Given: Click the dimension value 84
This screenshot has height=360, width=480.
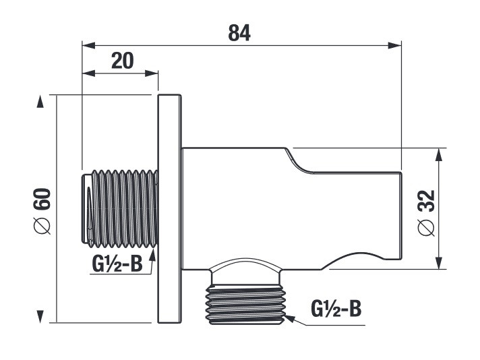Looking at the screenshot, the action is click(x=239, y=33).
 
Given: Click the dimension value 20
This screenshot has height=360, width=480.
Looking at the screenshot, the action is click(x=123, y=61).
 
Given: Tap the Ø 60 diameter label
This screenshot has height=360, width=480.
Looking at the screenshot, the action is click(x=42, y=211).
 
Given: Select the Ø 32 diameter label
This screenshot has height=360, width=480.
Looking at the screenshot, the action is click(x=426, y=213).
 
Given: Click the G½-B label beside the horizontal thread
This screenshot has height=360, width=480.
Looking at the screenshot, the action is click(x=117, y=264).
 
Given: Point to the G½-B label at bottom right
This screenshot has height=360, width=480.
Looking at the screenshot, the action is click(x=336, y=309).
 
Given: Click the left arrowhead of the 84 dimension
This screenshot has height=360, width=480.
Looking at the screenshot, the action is click(x=89, y=46).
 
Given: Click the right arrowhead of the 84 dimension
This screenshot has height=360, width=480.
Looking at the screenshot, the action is click(x=394, y=46).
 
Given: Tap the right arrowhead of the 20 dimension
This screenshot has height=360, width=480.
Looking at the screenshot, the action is click(x=151, y=73).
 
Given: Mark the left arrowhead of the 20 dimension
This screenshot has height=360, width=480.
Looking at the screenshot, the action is click(x=89, y=73).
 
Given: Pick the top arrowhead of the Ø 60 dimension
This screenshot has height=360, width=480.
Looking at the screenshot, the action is click(x=40, y=101).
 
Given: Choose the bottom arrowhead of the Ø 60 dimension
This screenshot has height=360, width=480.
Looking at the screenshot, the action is click(x=40, y=316).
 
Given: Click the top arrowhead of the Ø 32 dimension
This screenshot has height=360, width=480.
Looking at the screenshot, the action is click(x=439, y=154).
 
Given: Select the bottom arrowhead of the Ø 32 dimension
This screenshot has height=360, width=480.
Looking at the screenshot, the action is click(x=439, y=263).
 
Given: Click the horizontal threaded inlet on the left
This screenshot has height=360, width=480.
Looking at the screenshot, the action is click(x=120, y=209).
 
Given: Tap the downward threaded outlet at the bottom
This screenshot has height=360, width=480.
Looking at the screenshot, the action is click(x=246, y=304).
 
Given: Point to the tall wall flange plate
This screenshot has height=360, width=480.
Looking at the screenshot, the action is click(x=170, y=209).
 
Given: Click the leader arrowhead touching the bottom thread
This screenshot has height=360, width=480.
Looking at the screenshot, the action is click(x=290, y=318).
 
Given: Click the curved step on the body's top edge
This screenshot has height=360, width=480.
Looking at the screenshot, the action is click(x=297, y=162).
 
